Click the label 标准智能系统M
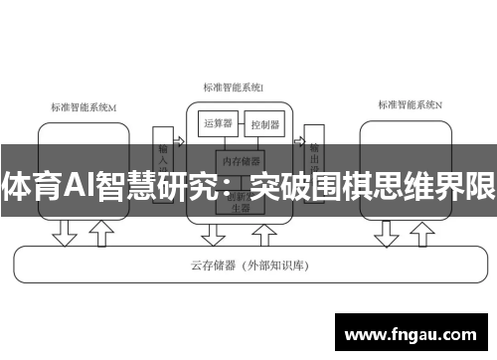click(x=83, y=106)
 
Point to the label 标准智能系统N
click(x=411, y=103)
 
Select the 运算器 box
click(x=218, y=124)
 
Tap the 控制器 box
click(x=265, y=125)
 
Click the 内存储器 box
click(x=242, y=159)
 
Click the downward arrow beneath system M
click(x=66, y=233)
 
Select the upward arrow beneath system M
click(x=100, y=233)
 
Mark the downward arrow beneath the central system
click(x=213, y=233)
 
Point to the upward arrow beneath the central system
click(x=264, y=233)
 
